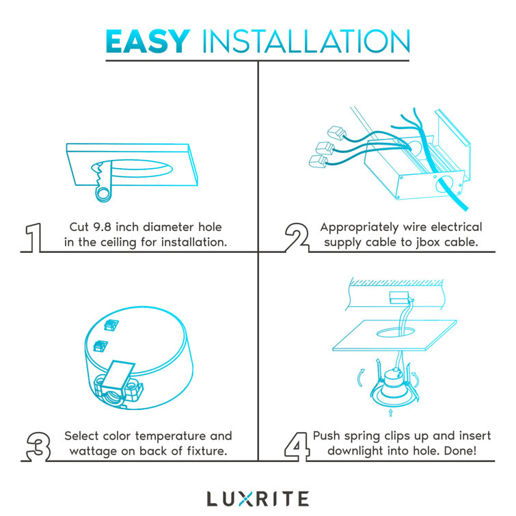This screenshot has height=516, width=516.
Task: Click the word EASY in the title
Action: [x=148, y=41]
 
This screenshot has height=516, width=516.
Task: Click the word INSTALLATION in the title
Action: [x=305, y=41]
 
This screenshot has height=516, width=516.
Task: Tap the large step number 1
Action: [x=33, y=238]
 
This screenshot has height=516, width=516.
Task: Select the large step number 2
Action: [x=297, y=238]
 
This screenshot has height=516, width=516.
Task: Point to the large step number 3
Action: [x=38, y=446]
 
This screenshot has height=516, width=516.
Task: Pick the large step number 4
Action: [x=297, y=446]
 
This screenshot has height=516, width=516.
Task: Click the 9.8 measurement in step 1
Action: [x=102, y=227]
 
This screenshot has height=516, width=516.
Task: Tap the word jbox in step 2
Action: [x=426, y=243]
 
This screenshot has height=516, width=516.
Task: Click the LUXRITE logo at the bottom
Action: [x=258, y=498]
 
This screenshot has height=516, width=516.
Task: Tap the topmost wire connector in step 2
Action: [x=336, y=132]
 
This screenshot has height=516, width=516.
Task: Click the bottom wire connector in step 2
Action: [x=318, y=161]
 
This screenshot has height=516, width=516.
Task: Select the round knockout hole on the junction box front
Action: [x=444, y=185]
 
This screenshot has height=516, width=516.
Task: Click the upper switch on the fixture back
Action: [x=111, y=325]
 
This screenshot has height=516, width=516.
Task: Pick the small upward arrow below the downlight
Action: [x=391, y=413]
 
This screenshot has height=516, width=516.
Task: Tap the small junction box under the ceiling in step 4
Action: [x=399, y=298]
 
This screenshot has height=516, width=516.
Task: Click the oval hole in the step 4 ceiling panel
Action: [x=396, y=332]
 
